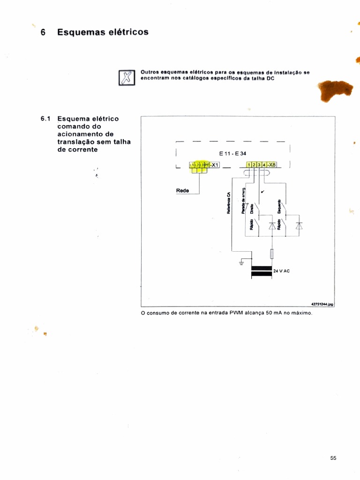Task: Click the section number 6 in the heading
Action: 43,32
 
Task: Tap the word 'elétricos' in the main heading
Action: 126,32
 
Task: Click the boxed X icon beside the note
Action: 125,77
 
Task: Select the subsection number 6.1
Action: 46,119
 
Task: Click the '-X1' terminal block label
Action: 214,165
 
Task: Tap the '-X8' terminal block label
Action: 272,165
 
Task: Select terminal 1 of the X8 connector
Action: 248,165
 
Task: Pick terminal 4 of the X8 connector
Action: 264,165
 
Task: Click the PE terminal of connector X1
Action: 206,165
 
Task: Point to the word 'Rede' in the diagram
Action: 182,190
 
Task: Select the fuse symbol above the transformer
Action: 272,254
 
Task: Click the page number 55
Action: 333,458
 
